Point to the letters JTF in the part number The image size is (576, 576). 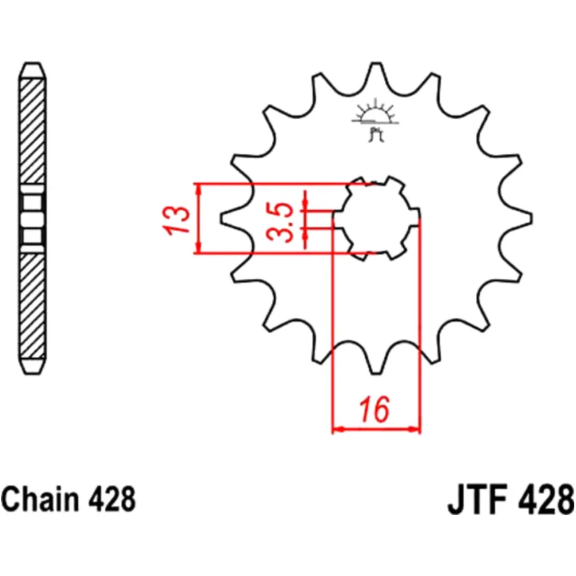[478, 499]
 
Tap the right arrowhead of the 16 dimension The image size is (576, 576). [415, 429]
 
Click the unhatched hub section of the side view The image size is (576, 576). [32, 219]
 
